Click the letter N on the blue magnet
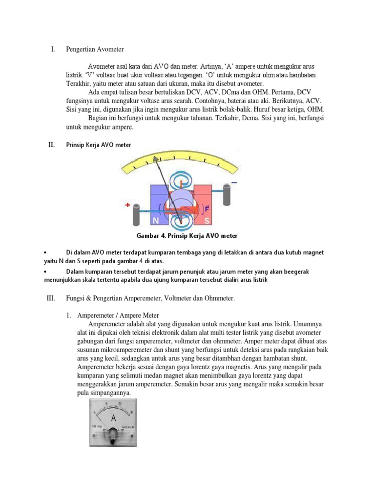point(156,221)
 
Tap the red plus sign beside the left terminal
point(128,206)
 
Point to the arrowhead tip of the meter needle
point(156,158)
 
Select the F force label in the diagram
point(207,209)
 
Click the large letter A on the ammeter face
point(114,418)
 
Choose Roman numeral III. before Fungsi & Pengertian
point(50,298)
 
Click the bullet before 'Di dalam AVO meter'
point(44,252)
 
